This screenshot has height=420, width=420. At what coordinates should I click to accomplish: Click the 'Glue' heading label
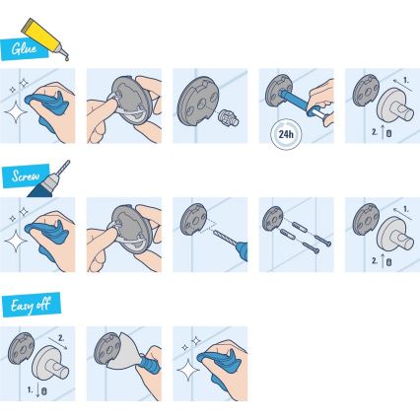(24, 47)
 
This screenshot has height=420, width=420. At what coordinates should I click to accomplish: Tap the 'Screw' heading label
(26, 177)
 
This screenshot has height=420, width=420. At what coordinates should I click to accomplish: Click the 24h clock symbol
(286, 135)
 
